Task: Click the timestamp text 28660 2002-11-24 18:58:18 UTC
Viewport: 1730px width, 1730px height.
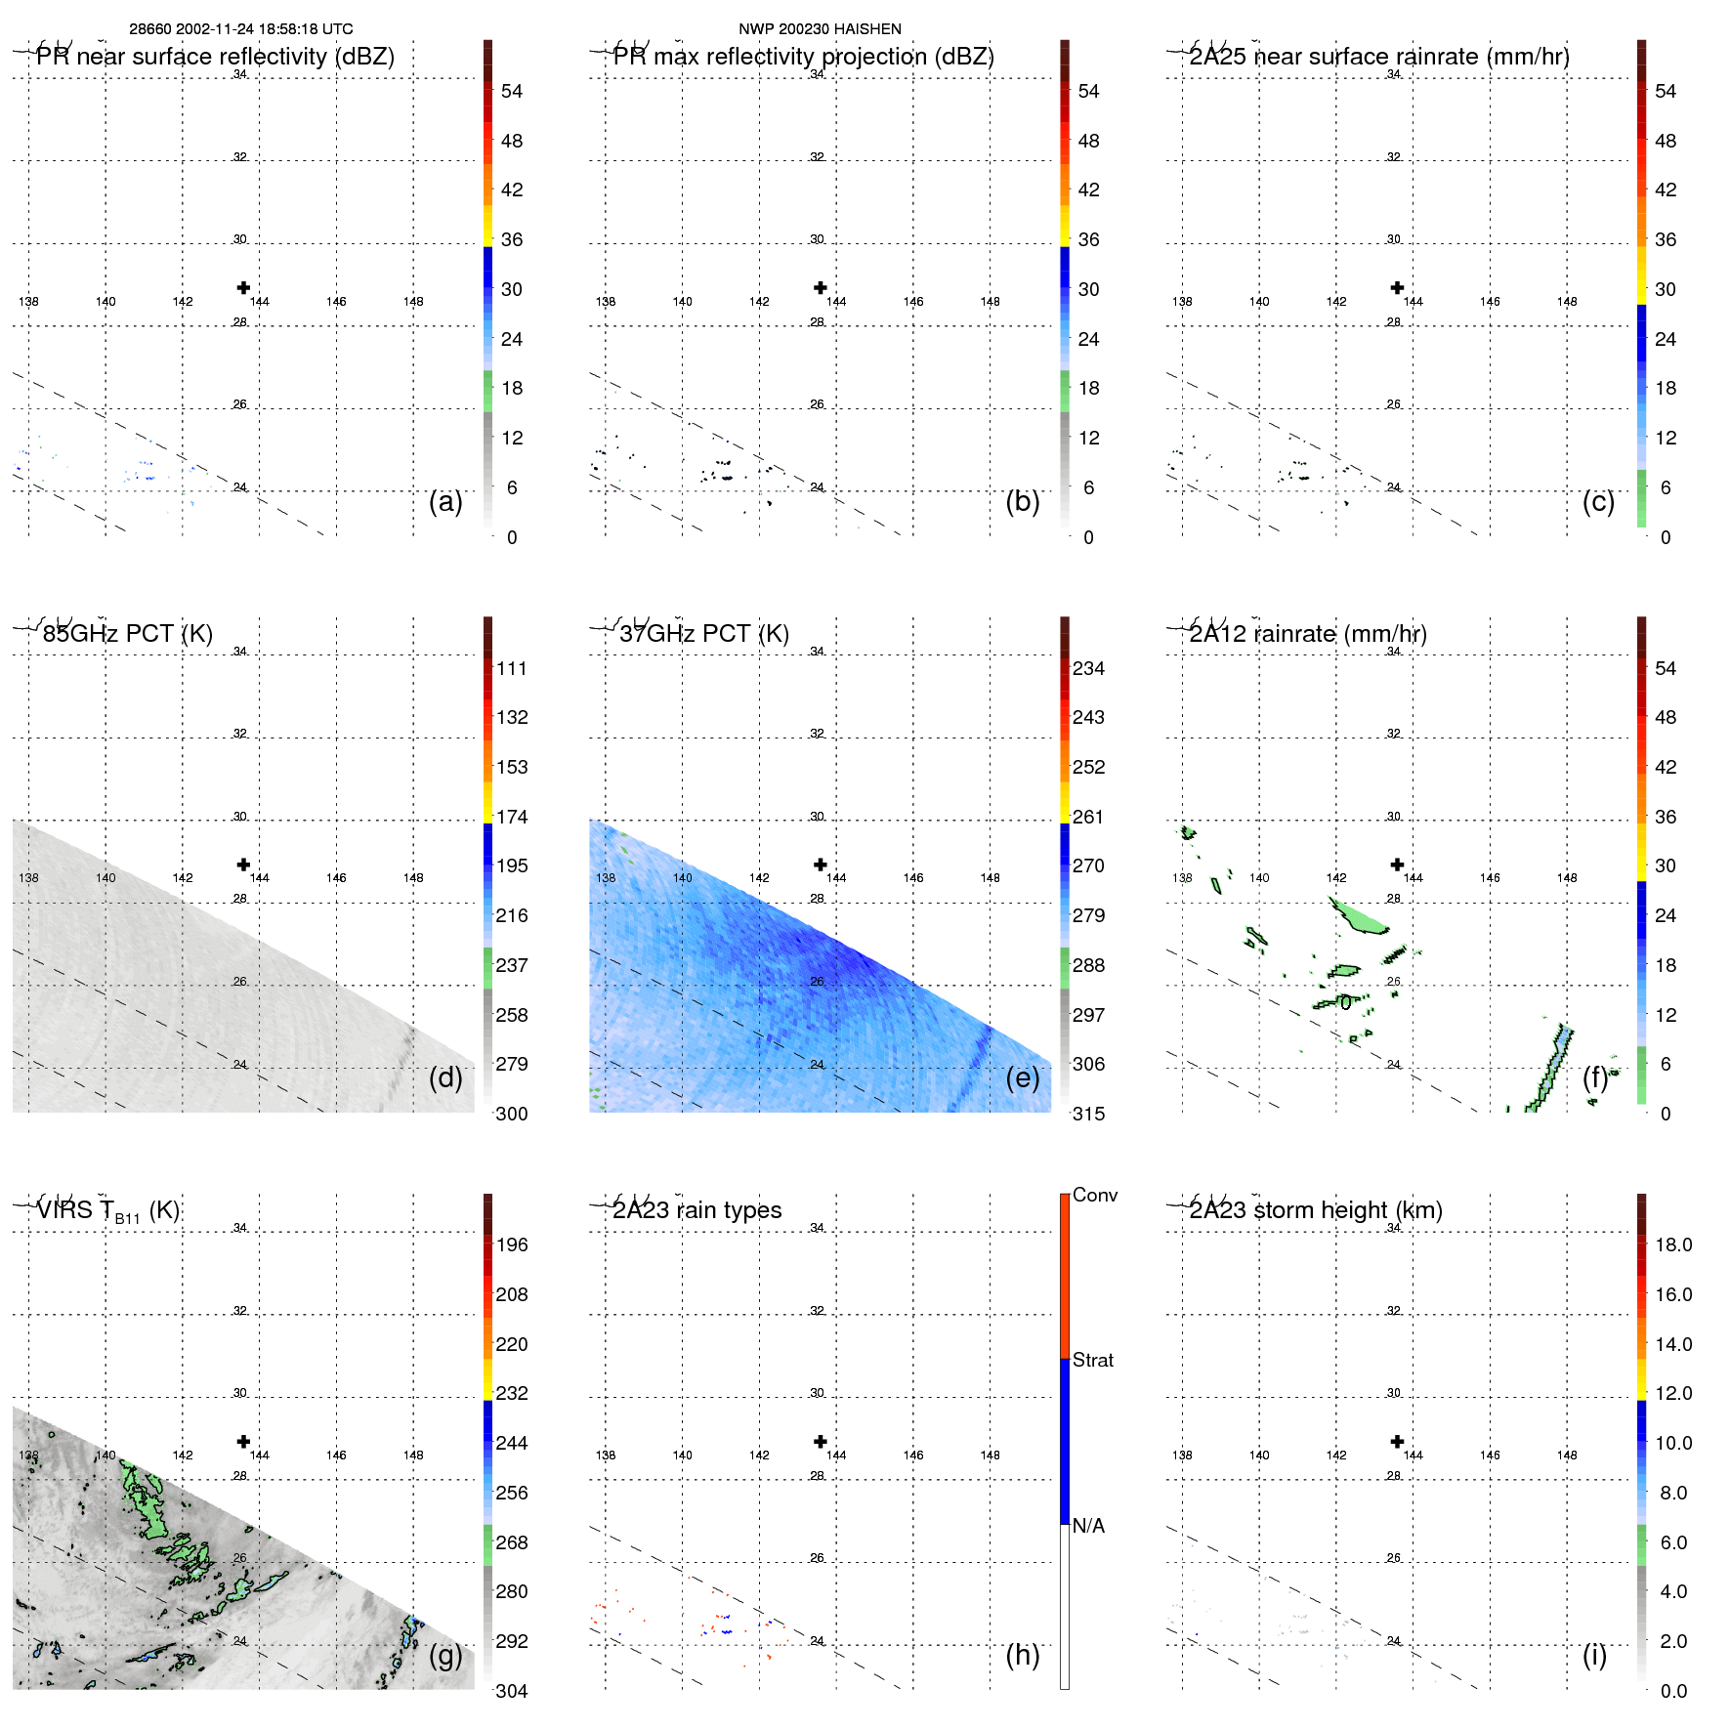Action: pyautogui.click(x=241, y=29)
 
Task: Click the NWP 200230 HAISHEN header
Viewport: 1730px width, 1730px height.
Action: pyautogui.click(x=820, y=29)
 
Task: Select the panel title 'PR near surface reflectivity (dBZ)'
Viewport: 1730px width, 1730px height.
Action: pyautogui.click(x=215, y=57)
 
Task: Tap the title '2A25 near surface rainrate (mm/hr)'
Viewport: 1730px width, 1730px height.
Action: pyautogui.click(x=1379, y=57)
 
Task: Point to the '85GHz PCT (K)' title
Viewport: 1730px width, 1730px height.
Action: pyautogui.click(x=127, y=634)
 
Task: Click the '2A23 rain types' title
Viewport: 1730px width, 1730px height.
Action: pyautogui.click(x=696, y=1210)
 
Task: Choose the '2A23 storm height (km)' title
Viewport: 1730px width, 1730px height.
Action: pyautogui.click(x=1316, y=1210)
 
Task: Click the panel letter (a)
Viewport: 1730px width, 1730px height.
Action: pyautogui.click(x=445, y=501)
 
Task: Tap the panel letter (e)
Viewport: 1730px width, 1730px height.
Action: pyautogui.click(x=1023, y=1077)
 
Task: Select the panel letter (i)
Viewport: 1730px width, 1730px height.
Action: pyautogui.click(x=1594, y=1655)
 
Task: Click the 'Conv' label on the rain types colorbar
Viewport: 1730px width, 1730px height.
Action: pyautogui.click(x=1095, y=1195)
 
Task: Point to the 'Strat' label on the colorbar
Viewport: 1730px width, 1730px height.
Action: pyautogui.click(x=1093, y=1360)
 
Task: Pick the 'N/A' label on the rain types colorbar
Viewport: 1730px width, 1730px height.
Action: pyautogui.click(x=1088, y=1526)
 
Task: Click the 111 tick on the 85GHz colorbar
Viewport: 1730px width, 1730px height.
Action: pyautogui.click(x=512, y=668)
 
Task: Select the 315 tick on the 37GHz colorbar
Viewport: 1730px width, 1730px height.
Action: pyautogui.click(x=1088, y=1114)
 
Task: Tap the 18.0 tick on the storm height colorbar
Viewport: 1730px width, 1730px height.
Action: pyautogui.click(x=1673, y=1245)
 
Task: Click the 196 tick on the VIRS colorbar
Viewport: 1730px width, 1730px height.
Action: pyautogui.click(x=512, y=1245)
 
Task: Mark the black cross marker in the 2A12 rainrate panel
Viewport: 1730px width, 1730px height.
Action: pyautogui.click(x=1397, y=865)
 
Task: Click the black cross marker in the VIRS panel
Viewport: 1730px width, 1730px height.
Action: pyautogui.click(x=243, y=1441)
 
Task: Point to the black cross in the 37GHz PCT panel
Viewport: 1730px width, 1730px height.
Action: pyautogui.click(x=821, y=865)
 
